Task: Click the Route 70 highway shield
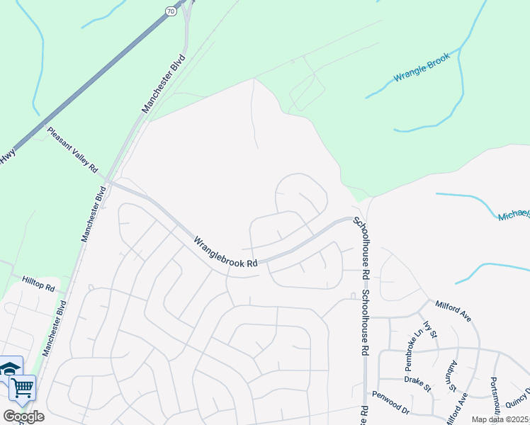click(171, 11)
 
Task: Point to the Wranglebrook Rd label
click(225, 251)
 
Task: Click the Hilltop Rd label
click(38, 284)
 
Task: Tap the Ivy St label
click(432, 328)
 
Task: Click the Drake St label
click(417, 383)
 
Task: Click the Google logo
click(23, 416)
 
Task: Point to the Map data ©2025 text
click(500, 419)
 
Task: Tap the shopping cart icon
click(22, 388)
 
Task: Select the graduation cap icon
click(10, 368)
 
